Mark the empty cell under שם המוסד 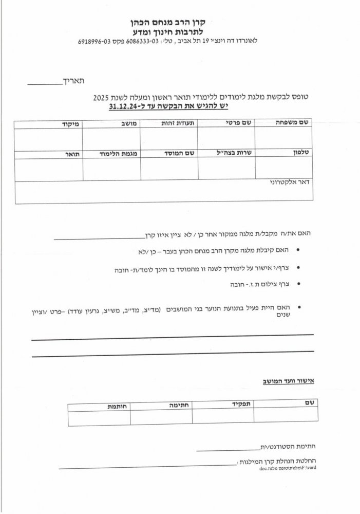(169, 169)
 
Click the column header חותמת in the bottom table (118, 406)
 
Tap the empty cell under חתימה (161, 418)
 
